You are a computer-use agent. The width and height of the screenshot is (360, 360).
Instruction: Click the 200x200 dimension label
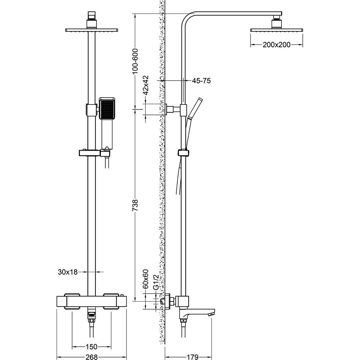(276, 45)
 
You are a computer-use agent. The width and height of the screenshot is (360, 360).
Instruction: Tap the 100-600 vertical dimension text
(136, 61)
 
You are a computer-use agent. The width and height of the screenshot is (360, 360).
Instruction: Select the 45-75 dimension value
(201, 81)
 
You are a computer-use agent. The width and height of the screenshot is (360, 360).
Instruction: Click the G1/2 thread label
(156, 283)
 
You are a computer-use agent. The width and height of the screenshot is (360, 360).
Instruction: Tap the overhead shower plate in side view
(276, 30)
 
